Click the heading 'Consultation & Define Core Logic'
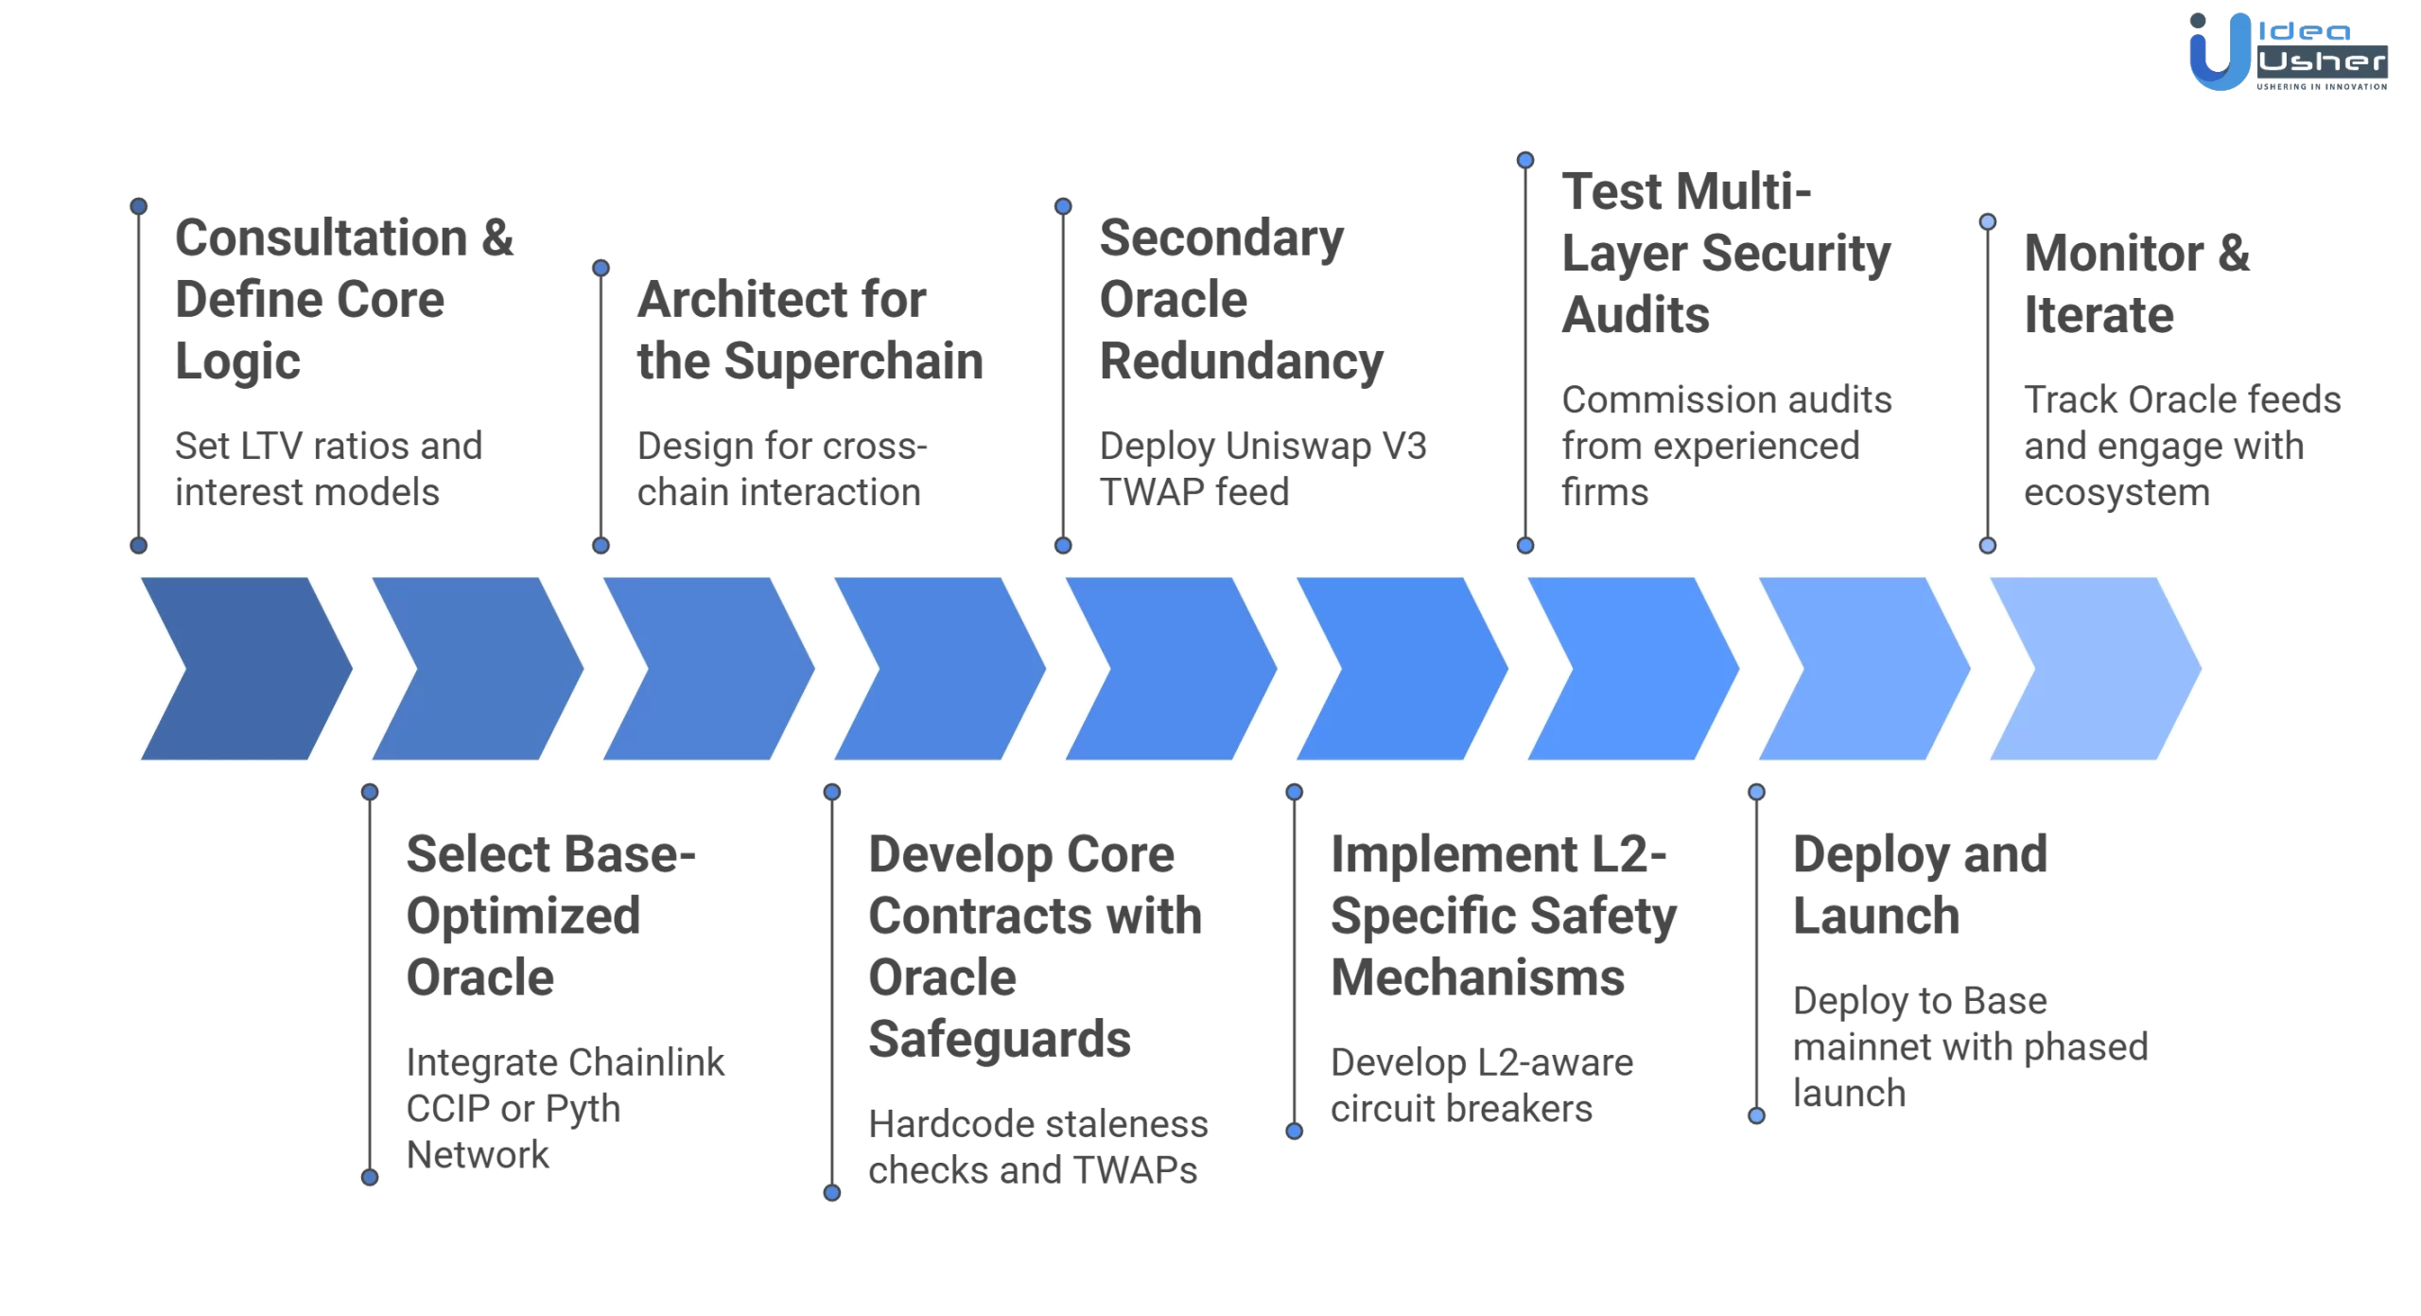point(343,299)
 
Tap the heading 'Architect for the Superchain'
point(810,330)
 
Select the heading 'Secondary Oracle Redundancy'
point(1240,299)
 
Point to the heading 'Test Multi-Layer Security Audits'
point(1725,253)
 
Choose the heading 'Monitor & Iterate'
point(2135,284)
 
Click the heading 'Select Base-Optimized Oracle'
point(549,915)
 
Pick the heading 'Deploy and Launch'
point(1920,885)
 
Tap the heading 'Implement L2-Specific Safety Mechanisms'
point(1503,915)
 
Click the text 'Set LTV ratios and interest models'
point(327,468)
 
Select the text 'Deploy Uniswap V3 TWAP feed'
point(1263,468)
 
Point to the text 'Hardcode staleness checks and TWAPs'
point(1037,1147)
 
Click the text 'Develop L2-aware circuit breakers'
point(1481,1085)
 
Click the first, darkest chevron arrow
point(246,668)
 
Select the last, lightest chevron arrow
point(2095,668)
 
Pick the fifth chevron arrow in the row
point(1171,668)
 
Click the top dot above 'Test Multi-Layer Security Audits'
point(1525,160)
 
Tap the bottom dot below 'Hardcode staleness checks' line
point(832,1193)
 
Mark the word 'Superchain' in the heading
point(853,361)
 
